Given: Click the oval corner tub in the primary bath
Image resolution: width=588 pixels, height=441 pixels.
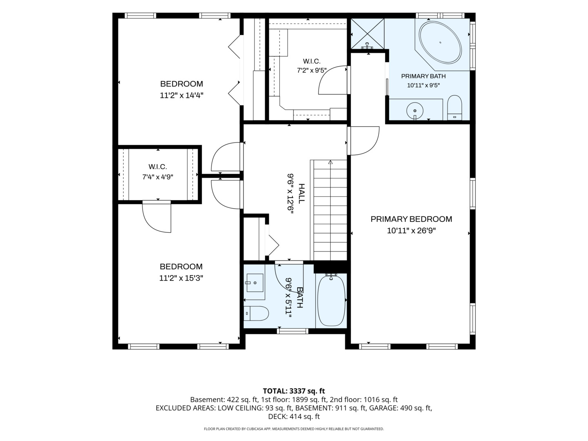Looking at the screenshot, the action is pos(440,42).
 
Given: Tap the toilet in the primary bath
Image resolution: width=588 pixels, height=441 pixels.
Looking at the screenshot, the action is pos(454,108).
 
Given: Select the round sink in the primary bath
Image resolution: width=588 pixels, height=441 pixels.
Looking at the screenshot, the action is pos(415,110).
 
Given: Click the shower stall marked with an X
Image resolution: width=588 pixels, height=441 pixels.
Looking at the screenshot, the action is pos(367,34).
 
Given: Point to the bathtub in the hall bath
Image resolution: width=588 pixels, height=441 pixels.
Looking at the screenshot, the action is pos(331,300).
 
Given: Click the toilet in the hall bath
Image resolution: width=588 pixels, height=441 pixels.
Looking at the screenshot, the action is pos(256,314).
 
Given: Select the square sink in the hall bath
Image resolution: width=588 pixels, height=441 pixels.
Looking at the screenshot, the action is pos(255,283).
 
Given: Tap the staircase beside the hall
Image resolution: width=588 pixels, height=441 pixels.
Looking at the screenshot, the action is pos(329,210).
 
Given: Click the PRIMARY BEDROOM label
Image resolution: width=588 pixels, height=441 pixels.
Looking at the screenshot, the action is pos(411,219).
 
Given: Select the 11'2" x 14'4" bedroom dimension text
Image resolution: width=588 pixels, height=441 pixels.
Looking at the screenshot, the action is pos(181,95).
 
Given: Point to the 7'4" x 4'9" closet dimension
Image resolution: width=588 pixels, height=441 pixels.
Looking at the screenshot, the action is pos(158,177).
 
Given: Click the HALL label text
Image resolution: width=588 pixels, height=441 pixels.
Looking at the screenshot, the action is pos(302,194).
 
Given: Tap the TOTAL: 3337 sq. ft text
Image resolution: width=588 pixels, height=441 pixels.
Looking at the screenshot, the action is pos(294,391).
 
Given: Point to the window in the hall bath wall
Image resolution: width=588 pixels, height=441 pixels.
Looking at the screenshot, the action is pos(292,331).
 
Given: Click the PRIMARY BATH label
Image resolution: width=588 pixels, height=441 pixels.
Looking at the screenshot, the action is pos(423,76).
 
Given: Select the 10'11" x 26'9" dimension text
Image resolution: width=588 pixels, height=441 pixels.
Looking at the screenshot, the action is pos(411,231).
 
